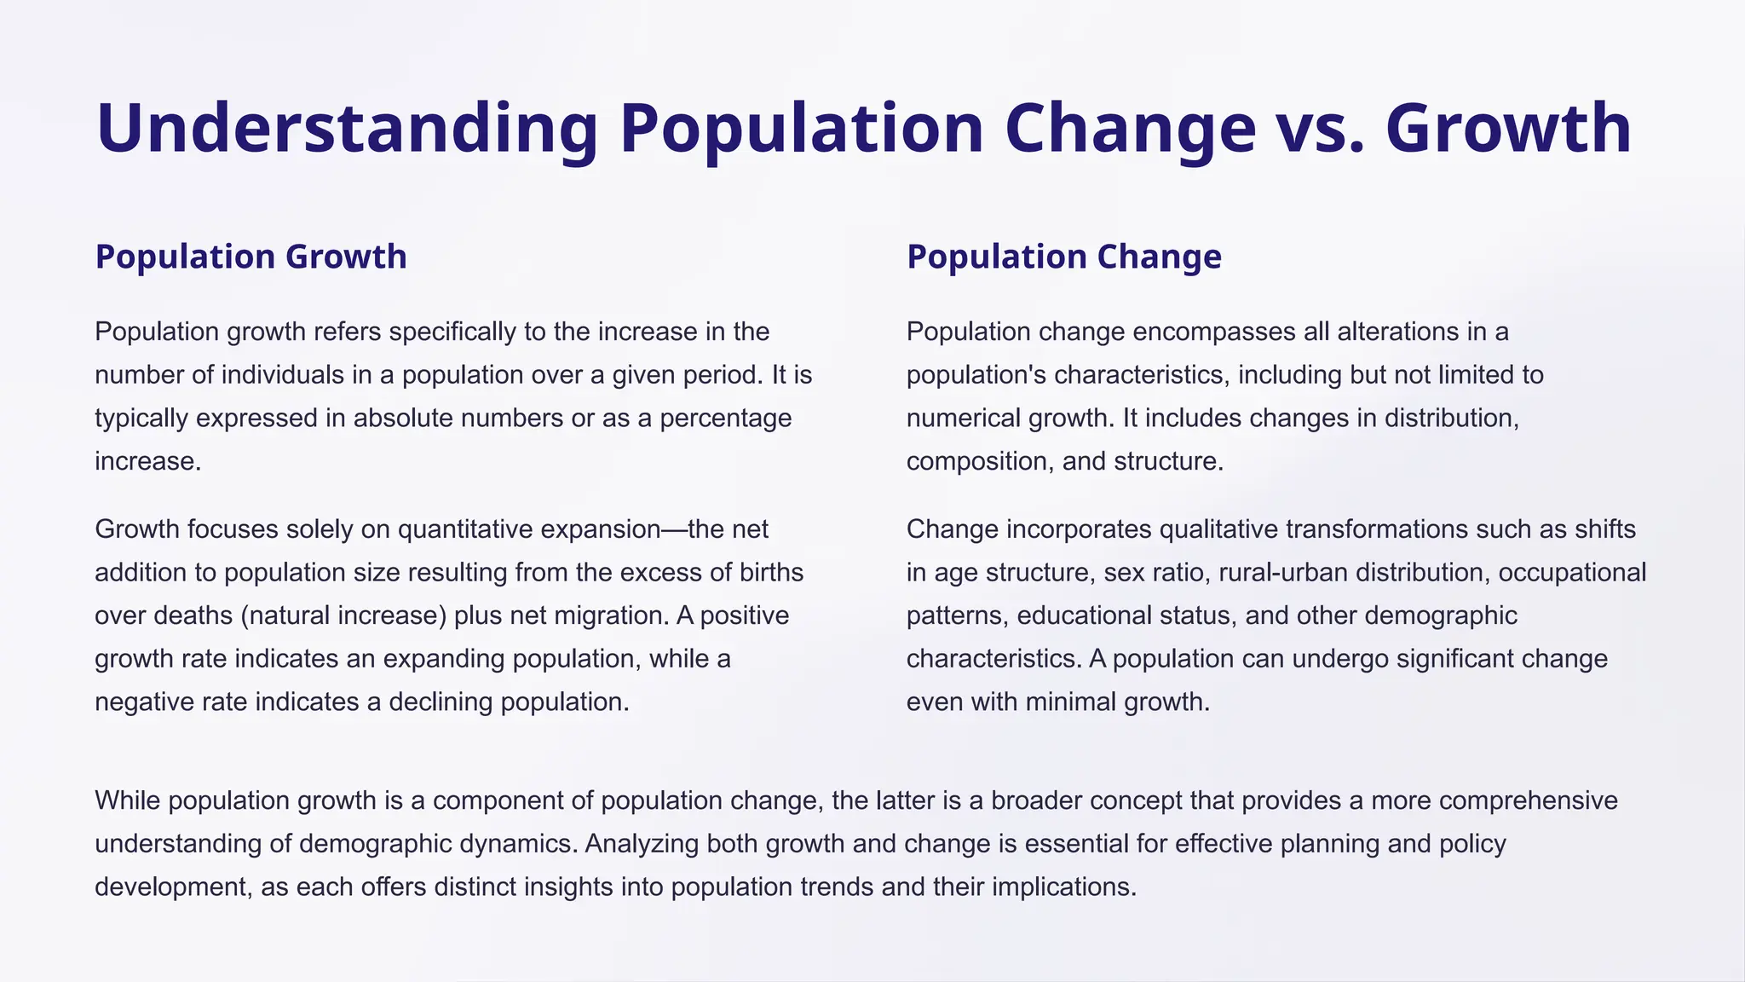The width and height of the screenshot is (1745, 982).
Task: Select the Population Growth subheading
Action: (x=251, y=257)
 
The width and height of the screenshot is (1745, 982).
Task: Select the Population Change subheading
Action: (x=1063, y=257)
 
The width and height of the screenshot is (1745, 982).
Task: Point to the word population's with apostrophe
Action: (x=980, y=375)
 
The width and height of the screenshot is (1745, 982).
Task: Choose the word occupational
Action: (x=1572, y=572)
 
